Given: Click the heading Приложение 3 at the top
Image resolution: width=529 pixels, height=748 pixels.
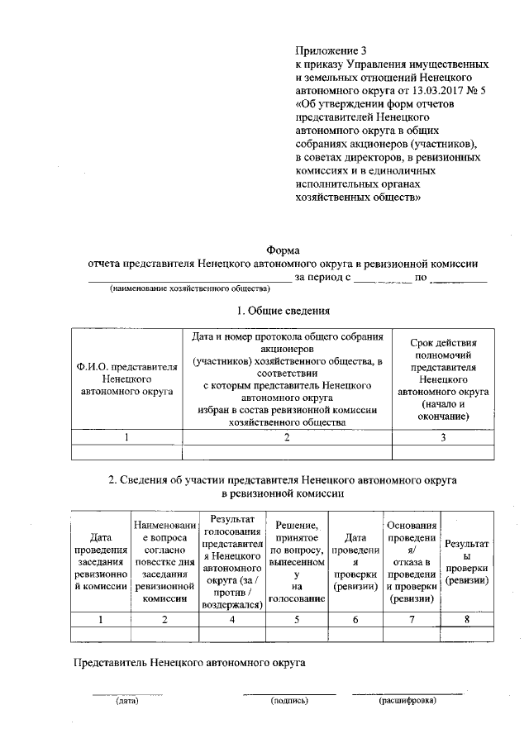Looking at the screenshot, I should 331,50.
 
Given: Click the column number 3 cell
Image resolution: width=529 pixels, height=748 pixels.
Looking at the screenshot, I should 443,437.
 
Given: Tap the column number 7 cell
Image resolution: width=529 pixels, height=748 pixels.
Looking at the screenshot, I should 411,619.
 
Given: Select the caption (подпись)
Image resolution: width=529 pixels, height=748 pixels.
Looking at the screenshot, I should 289,702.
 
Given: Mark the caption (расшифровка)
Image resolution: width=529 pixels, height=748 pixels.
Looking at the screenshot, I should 407,702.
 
